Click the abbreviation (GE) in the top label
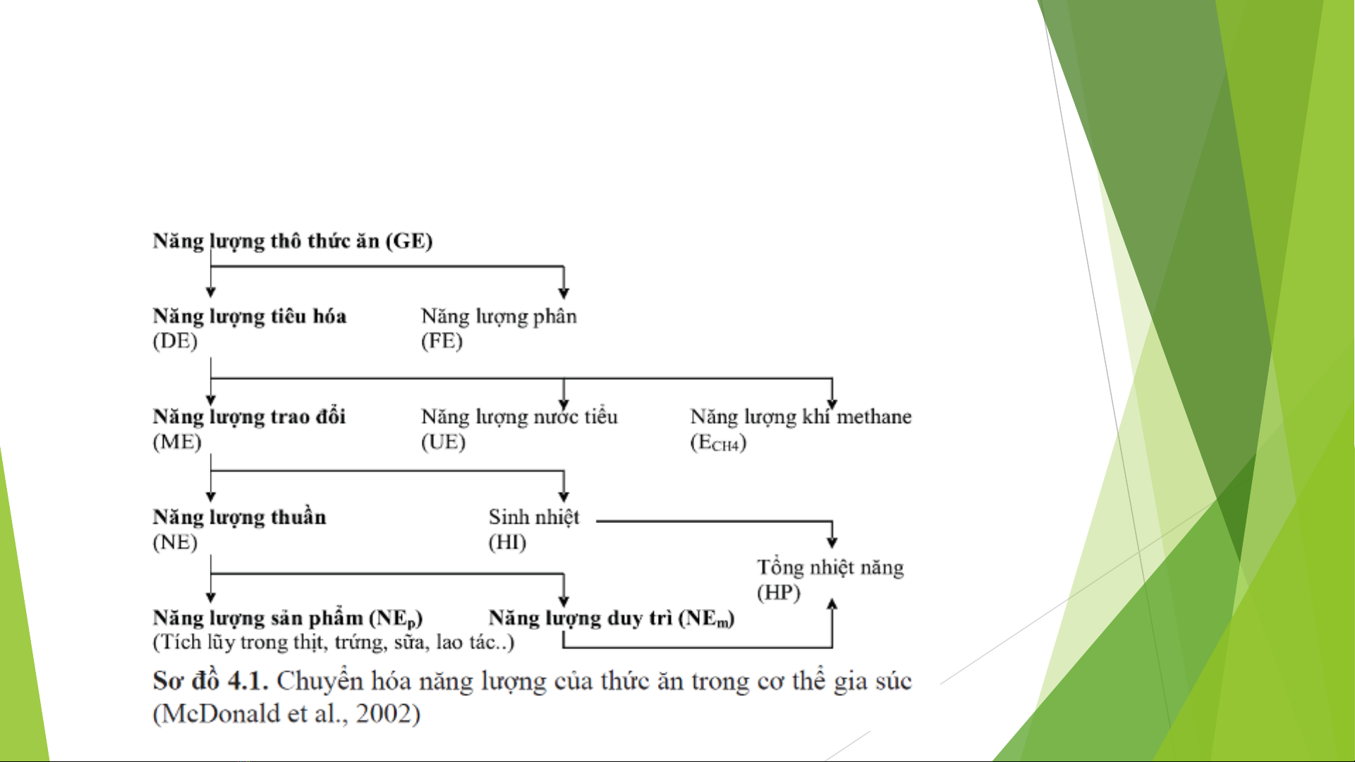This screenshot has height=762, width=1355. [408, 241]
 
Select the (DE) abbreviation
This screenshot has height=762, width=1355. [175, 341]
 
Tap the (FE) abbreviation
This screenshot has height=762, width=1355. [442, 341]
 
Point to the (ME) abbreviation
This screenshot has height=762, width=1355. [177, 442]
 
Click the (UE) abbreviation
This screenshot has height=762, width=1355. [443, 442]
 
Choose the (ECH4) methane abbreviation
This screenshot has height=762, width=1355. [718, 443]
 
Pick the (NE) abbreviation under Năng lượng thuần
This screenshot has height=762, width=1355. [175, 542]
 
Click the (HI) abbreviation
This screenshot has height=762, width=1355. [507, 542]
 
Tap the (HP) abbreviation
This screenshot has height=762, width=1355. [779, 592]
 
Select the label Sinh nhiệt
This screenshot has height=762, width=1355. [534, 517]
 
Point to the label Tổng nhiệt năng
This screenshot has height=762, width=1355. [830, 567]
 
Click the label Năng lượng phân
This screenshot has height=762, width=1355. [499, 317]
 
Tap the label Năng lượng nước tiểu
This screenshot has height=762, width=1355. [519, 417]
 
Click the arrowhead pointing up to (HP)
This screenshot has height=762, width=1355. [832, 603]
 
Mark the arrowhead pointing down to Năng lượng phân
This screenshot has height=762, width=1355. [564, 293]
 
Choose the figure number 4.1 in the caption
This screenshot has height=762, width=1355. [248, 681]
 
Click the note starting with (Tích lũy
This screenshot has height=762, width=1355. [334, 642]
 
